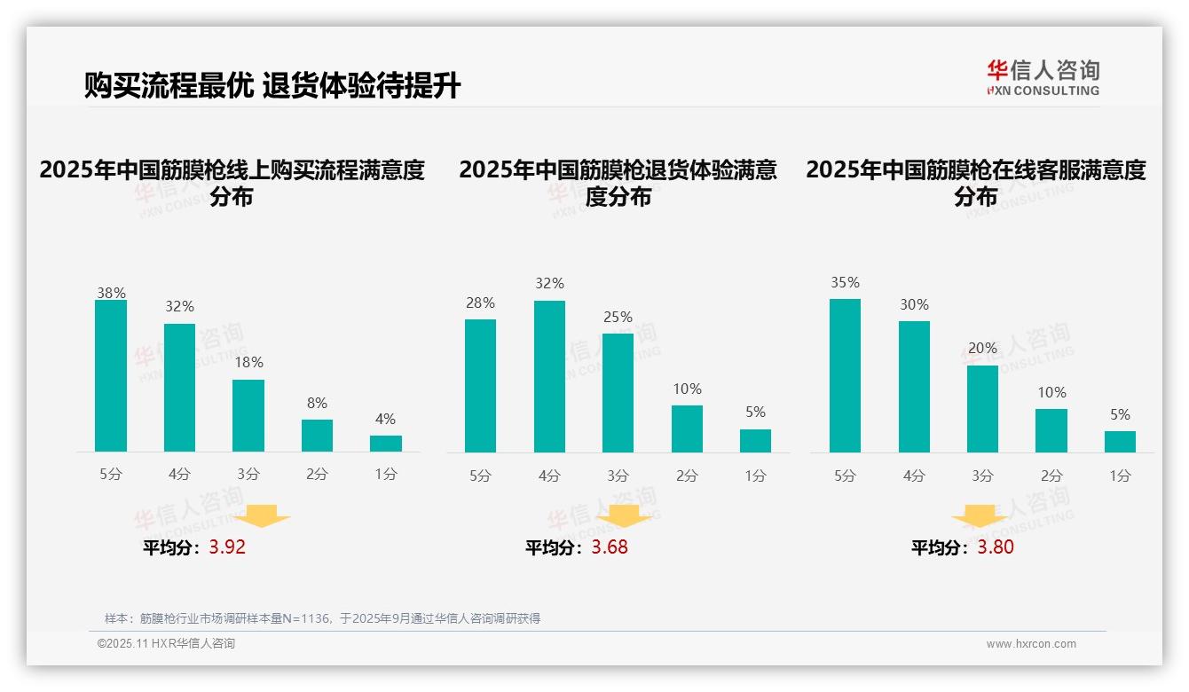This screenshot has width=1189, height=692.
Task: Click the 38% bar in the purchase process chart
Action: click(x=111, y=375)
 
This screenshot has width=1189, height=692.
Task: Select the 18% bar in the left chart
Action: click(x=248, y=415)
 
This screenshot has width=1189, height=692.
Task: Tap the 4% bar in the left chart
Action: click(x=386, y=443)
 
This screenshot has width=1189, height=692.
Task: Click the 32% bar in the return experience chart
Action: click(x=549, y=376)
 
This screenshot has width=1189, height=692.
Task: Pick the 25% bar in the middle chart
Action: click(x=618, y=392)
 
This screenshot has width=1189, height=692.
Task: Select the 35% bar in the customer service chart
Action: click(x=845, y=375)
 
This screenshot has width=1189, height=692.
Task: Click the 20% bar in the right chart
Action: click(x=982, y=408)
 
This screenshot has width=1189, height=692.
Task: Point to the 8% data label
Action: click(x=317, y=402)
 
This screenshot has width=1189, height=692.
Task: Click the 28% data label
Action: click(x=480, y=303)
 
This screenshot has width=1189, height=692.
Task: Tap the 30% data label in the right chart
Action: click(x=914, y=304)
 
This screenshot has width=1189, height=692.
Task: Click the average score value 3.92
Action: click(x=227, y=547)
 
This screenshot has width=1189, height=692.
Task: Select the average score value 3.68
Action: click(x=610, y=547)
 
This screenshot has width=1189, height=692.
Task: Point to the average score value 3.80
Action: click(x=996, y=547)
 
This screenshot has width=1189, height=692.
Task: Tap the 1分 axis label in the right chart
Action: click(x=1120, y=476)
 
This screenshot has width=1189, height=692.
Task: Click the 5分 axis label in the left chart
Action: click(x=111, y=474)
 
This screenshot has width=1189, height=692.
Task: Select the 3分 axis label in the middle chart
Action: click(x=618, y=476)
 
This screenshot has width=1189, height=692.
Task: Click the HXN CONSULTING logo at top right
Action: click(x=1043, y=77)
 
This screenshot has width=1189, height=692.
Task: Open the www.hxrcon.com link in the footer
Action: click(x=1031, y=644)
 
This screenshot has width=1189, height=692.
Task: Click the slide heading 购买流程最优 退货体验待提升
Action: click(x=272, y=86)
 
